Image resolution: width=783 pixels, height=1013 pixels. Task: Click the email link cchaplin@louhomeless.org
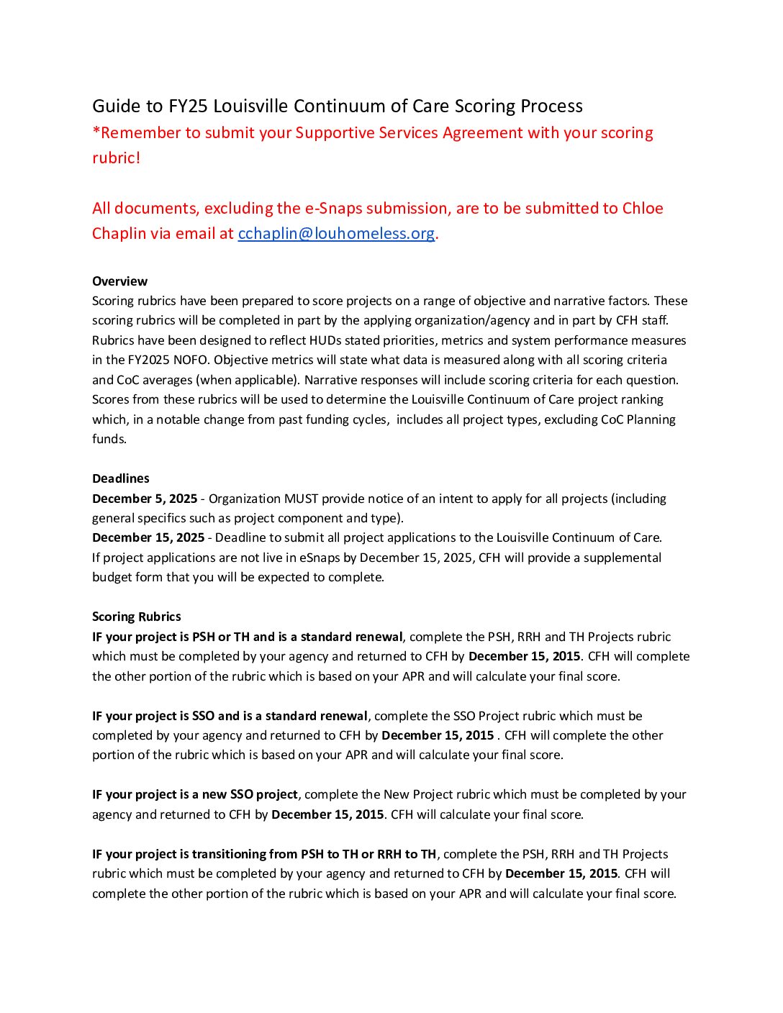click(336, 233)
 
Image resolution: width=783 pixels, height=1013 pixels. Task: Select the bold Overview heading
click(119, 281)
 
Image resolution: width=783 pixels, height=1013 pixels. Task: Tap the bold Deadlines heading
click(121, 478)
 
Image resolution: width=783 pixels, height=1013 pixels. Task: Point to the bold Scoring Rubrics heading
click(137, 617)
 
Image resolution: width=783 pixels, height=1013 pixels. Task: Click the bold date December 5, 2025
click(145, 499)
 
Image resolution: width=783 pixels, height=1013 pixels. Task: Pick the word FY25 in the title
click(188, 106)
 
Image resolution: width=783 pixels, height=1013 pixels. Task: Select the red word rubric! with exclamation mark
click(117, 158)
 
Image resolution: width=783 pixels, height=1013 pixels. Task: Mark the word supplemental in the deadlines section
click(622, 558)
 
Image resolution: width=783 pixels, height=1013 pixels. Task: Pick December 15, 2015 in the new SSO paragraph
click(327, 814)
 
